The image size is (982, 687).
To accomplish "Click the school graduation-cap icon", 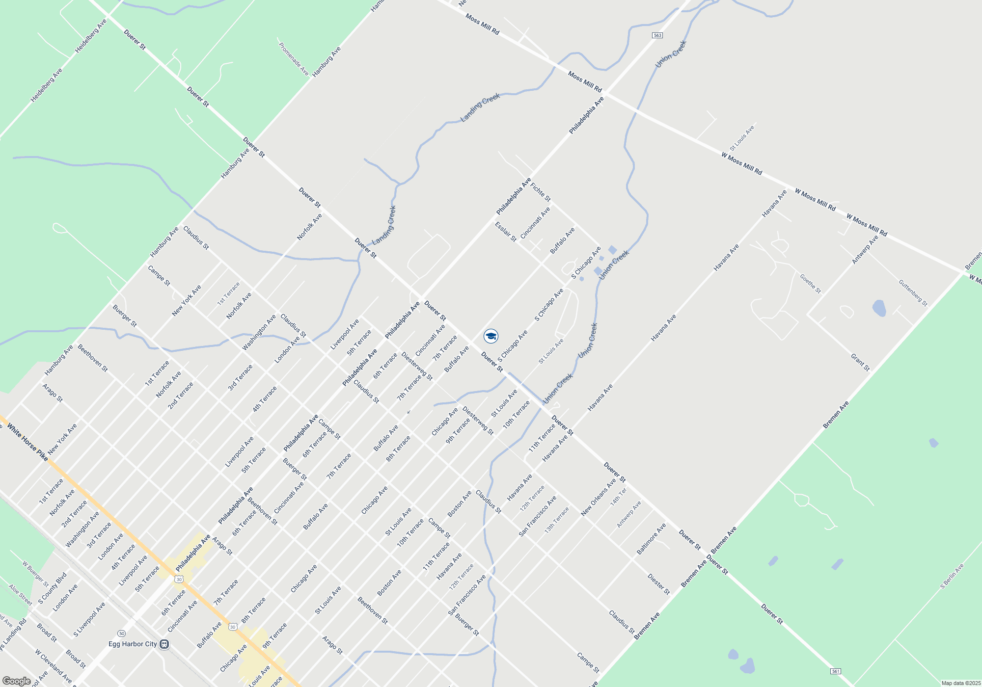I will [x=491, y=336].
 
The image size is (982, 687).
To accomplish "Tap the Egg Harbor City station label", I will [x=133, y=644].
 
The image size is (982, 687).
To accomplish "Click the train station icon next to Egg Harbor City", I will [x=164, y=644].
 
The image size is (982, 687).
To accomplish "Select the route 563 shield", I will [x=657, y=35].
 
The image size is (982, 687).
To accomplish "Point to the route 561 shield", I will [x=836, y=671].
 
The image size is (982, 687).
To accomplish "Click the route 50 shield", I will [x=121, y=633].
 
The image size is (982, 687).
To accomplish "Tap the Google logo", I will [x=16, y=681].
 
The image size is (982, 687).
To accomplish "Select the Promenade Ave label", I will [x=294, y=59].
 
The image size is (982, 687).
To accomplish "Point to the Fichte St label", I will [x=541, y=192].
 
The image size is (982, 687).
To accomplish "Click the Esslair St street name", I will [x=505, y=232].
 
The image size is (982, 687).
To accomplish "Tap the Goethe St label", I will [x=810, y=284].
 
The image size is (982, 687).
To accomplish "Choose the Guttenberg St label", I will [x=913, y=293].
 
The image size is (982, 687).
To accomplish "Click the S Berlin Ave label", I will [x=952, y=576].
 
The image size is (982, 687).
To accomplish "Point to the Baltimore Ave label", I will [x=651, y=539].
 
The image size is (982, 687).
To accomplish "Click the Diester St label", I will [x=658, y=584].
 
